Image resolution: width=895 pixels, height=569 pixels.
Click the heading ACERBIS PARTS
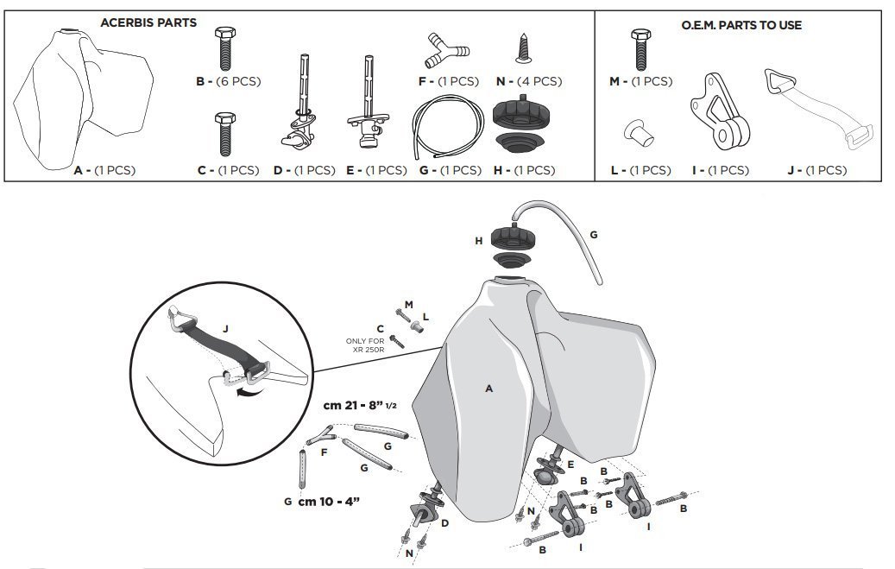coord(148,22)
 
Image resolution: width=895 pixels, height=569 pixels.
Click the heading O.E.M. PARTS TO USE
coord(741,25)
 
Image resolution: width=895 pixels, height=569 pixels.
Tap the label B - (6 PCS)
coord(228,82)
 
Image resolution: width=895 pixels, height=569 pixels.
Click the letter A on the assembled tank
coord(488,389)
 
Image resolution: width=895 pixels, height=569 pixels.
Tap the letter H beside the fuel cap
coord(478,241)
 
